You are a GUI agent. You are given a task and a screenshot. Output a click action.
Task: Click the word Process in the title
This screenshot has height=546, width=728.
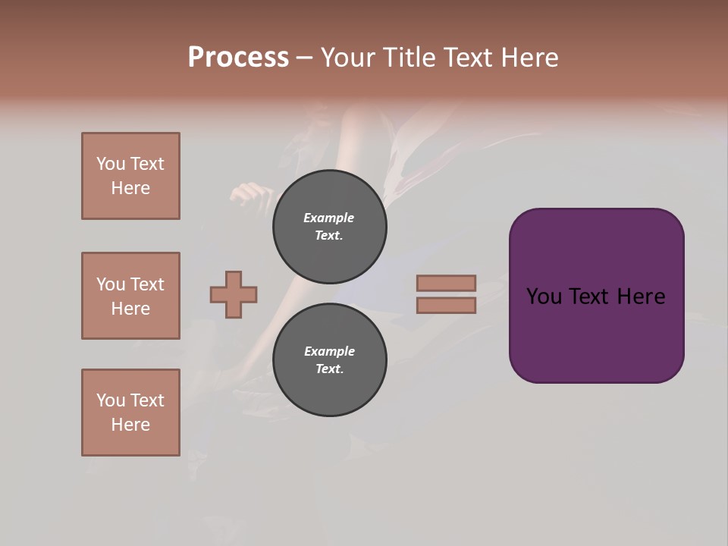[x=238, y=58]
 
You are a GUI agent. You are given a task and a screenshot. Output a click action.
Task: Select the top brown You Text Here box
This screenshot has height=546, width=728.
[x=130, y=176]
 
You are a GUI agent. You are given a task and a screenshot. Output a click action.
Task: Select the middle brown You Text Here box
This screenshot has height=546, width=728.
[x=130, y=296]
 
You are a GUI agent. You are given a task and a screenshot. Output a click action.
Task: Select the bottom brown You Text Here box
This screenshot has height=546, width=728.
[x=130, y=413]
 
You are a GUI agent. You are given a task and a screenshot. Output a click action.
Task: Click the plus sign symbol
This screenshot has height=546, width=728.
[x=234, y=294]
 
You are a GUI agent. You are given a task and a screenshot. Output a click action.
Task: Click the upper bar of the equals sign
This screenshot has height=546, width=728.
[x=446, y=283]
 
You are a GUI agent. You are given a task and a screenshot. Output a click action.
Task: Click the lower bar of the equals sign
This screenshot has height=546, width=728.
[x=446, y=306]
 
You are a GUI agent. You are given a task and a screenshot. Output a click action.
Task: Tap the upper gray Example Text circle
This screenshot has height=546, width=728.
[x=330, y=227]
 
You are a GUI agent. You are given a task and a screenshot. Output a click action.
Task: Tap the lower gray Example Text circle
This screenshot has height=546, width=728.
[x=330, y=359]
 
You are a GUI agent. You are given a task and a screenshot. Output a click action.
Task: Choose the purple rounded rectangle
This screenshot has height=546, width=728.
[x=596, y=334]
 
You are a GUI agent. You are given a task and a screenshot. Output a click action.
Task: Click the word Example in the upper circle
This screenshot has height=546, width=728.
[x=329, y=218]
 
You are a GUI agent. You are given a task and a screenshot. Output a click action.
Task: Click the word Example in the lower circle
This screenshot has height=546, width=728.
[x=329, y=351]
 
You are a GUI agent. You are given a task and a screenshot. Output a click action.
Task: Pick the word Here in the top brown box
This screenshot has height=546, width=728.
[x=130, y=188]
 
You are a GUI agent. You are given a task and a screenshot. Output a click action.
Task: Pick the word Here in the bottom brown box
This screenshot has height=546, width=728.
[x=130, y=425]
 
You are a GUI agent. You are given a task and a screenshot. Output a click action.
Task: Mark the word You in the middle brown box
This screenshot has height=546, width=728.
[x=110, y=284]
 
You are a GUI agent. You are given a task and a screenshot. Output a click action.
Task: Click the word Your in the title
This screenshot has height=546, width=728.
[x=348, y=58]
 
